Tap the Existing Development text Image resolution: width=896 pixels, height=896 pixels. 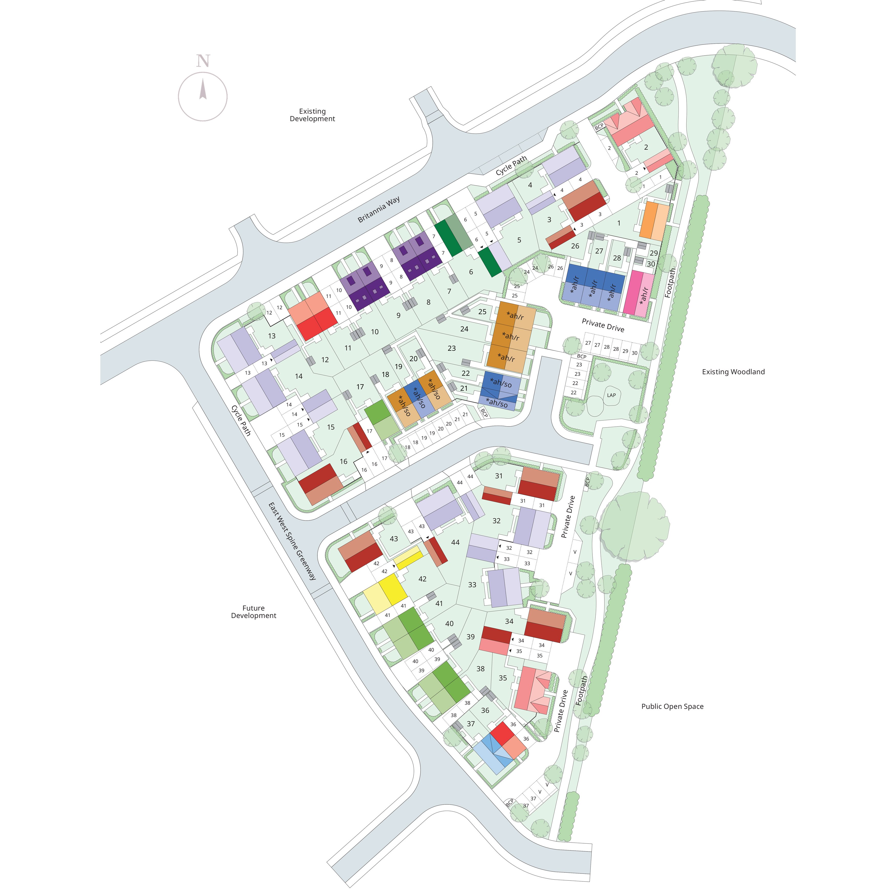312,115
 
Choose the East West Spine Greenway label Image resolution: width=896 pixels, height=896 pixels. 292,541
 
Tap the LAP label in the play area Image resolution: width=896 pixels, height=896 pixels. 611,395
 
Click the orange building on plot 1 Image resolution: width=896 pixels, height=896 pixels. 654,221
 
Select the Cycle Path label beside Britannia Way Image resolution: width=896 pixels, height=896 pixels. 511,166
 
